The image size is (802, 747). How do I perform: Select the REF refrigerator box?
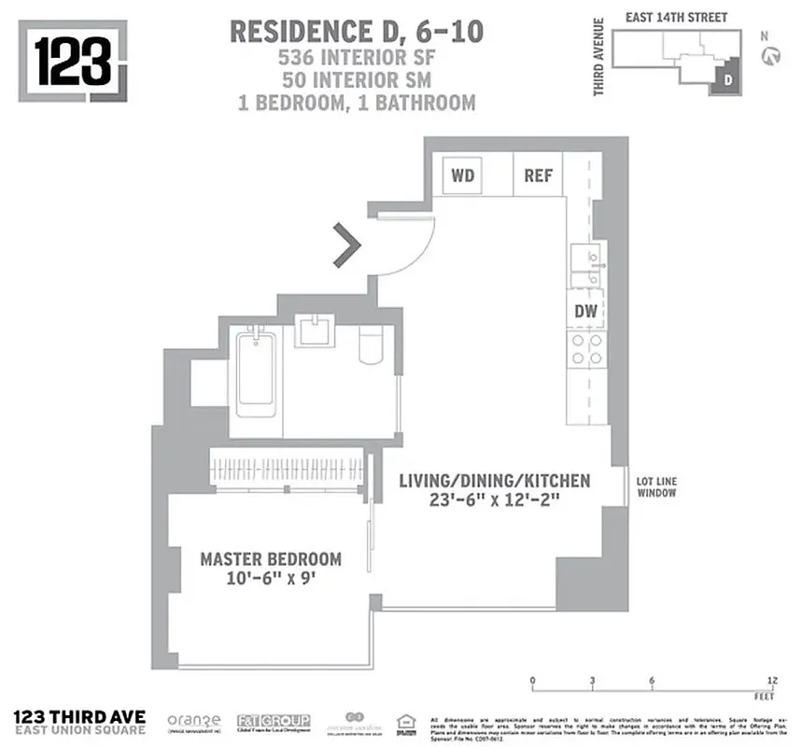[538, 176]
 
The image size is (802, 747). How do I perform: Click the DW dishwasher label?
[585, 311]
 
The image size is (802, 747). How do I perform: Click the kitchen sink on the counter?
[586, 267]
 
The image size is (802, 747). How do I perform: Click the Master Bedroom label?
[271, 559]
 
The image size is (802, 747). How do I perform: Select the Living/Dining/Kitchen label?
[494, 481]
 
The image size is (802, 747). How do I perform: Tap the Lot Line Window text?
[657, 486]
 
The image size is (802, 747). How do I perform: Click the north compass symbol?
[771, 57]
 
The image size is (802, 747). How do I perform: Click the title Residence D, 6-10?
[356, 31]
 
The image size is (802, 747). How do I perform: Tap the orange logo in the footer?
[193, 721]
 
